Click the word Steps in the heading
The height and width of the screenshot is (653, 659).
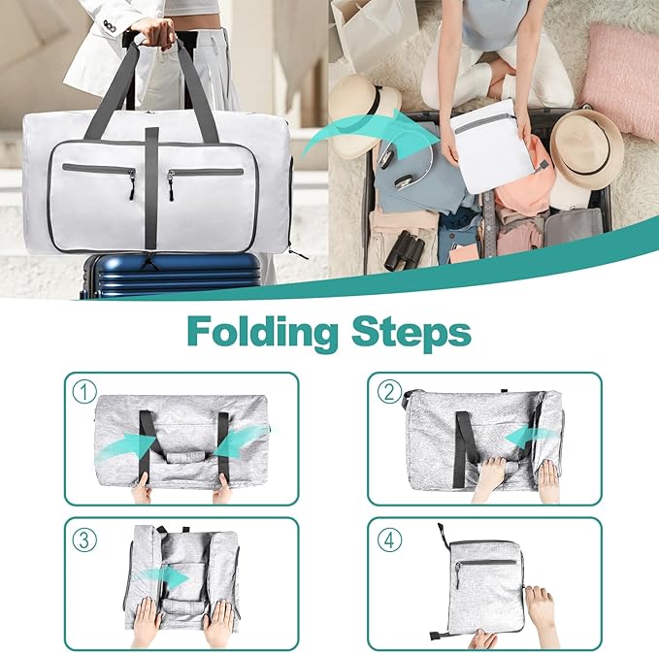[408, 332]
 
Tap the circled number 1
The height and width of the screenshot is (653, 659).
[85, 392]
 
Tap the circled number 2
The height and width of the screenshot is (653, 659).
[390, 392]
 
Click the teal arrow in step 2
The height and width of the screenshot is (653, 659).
[529, 439]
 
